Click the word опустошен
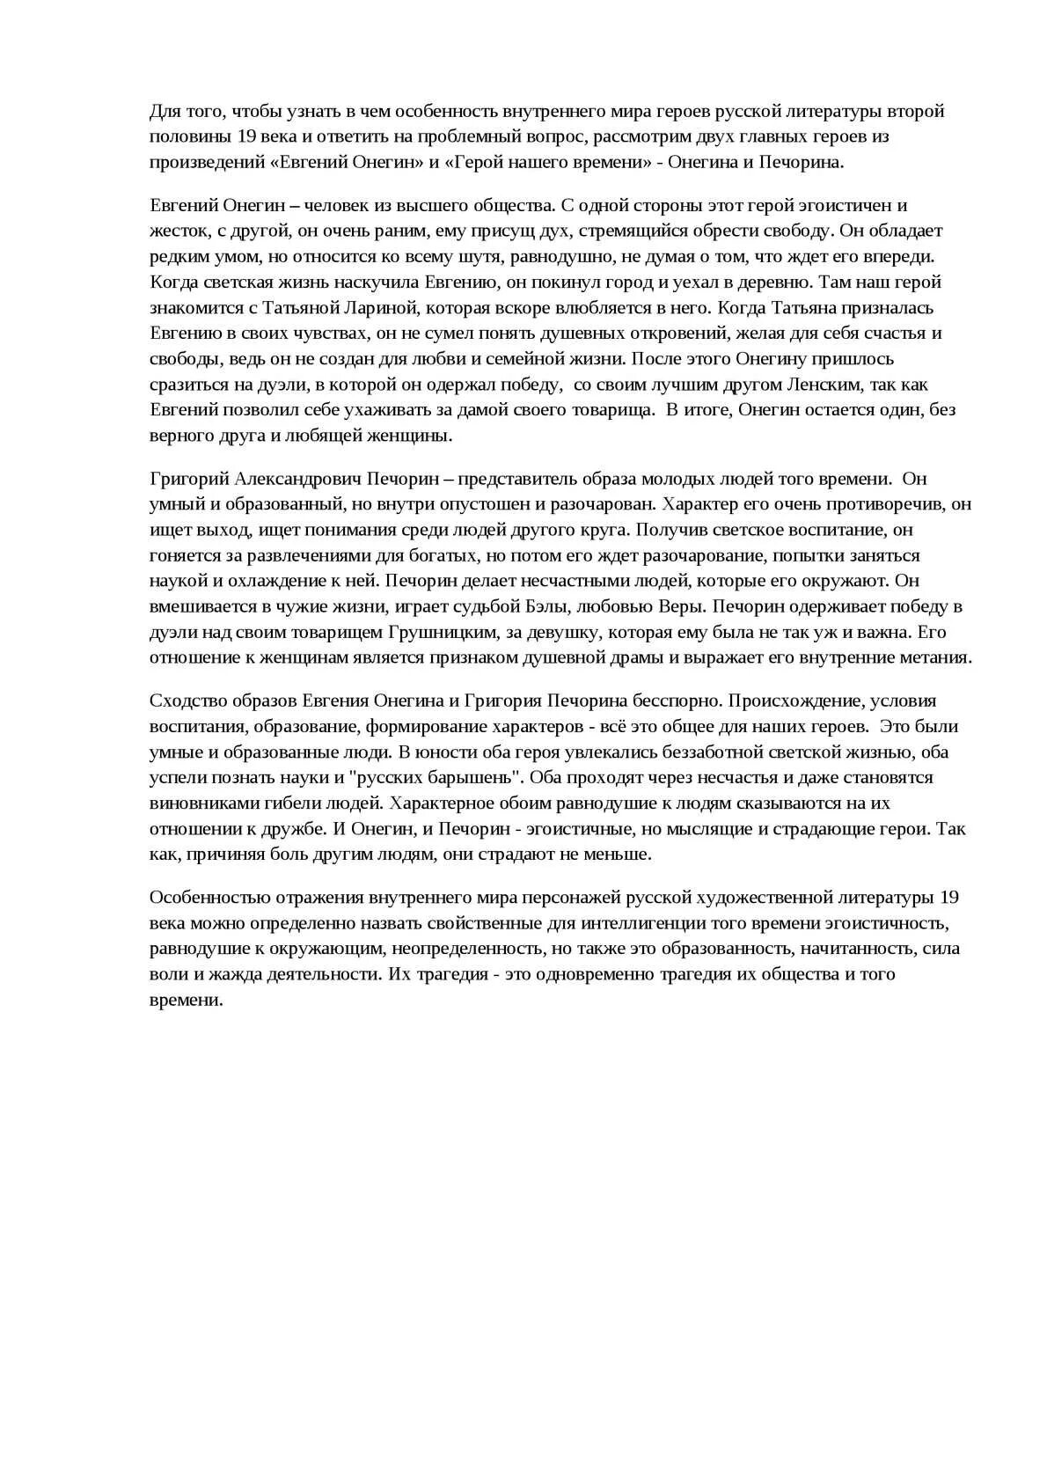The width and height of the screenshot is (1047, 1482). coord(491,505)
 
